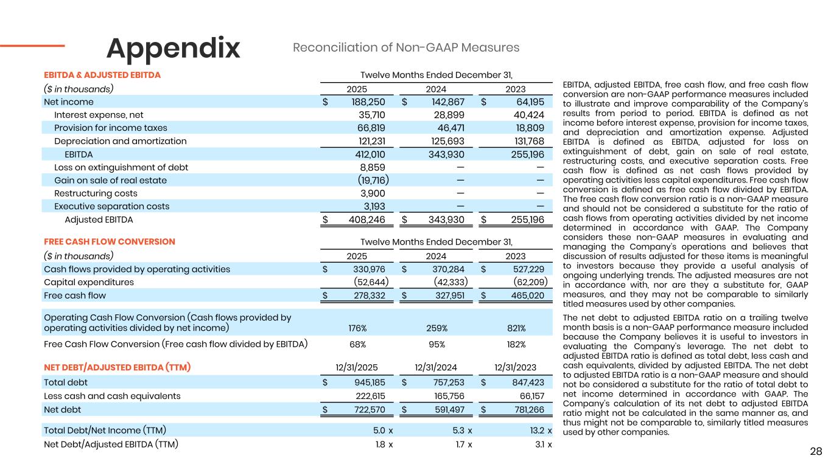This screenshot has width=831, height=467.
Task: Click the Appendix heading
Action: [x=174, y=48]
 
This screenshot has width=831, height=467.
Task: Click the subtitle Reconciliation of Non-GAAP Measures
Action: [x=406, y=47]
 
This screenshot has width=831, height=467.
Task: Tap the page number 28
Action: [x=816, y=451]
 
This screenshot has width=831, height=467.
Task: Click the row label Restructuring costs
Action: [x=96, y=193]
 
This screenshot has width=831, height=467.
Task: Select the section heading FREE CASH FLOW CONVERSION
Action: [x=110, y=241]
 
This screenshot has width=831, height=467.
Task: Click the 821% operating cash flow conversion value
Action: [x=516, y=328]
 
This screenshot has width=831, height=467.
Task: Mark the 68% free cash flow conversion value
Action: [x=357, y=345]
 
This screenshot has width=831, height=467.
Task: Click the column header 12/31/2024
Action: [x=436, y=367]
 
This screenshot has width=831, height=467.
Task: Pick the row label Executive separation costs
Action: [x=111, y=206]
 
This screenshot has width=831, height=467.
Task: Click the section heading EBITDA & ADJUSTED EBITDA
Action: [x=102, y=75]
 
